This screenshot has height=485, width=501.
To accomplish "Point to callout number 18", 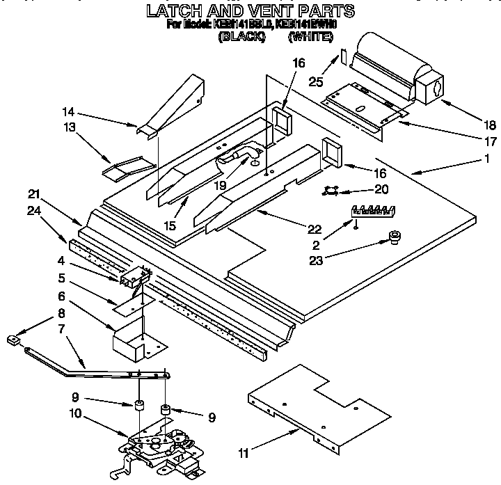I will point(490,125).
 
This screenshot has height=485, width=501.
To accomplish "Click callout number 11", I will point(242,454).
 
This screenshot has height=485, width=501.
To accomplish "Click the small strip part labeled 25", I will point(344,56).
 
